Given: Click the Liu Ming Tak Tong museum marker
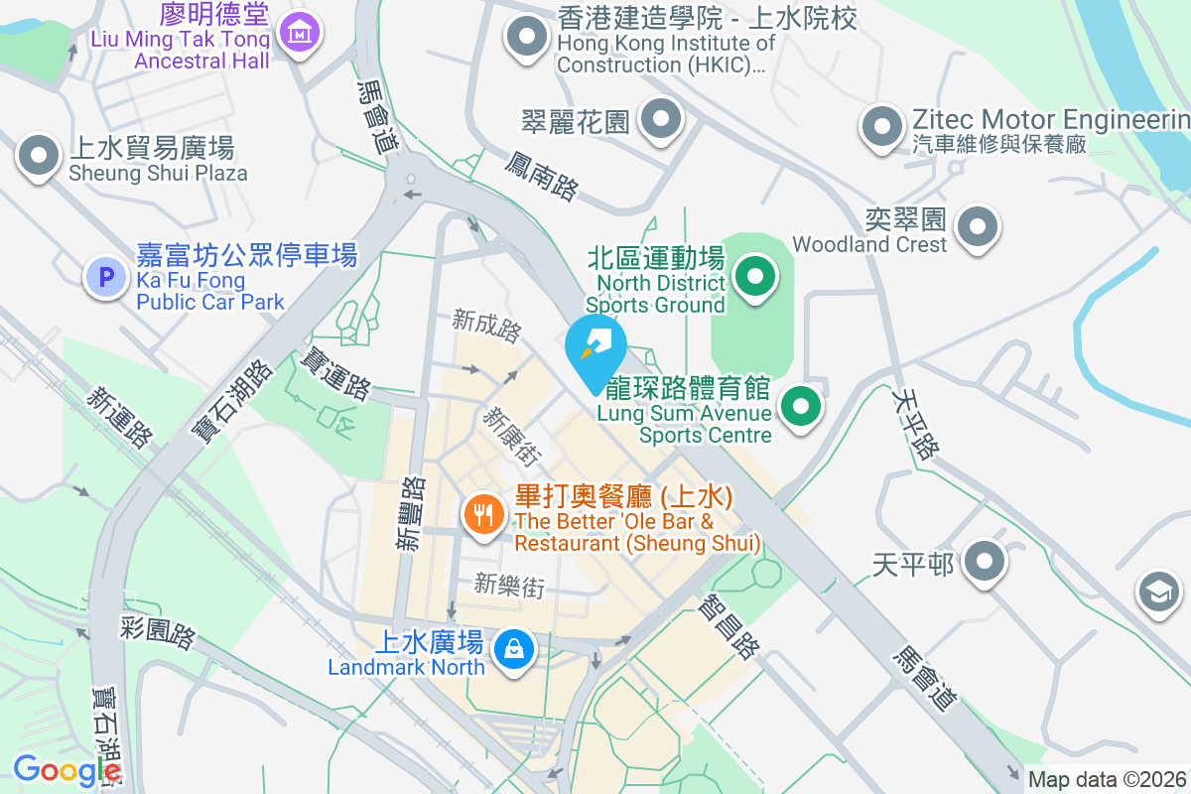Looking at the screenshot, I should pyautogui.click(x=299, y=33).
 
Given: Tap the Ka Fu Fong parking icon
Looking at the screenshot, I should pyautogui.click(x=106, y=276).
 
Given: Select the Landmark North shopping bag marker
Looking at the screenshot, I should pyautogui.click(x=514, y=650).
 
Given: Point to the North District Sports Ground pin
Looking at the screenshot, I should pyautogui.click(x=755, y=276).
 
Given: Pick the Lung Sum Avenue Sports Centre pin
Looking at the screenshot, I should pyautogui.click(x=801, y=405).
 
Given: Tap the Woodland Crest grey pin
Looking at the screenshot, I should pyautogui.click(x=979, y=227).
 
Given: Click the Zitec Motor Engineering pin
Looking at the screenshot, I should pyautogui.click(x=880, y=126).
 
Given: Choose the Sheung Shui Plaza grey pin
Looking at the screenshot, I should pyautogui.click(x=39, y=156).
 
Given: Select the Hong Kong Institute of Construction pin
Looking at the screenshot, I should pyautogui.click(x=527, y=39).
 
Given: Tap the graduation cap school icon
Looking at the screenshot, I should pyautogui.click(x=1158, y=592).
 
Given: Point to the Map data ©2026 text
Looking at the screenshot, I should pyautogui.click(x=1107, y=779).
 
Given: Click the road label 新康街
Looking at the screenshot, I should pyautogui.click(x=512, y=438).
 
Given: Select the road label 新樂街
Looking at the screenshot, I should pyautogui.click(x=509, y=585).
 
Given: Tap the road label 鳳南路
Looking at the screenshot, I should pyautogui.click(x=542, y=176).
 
